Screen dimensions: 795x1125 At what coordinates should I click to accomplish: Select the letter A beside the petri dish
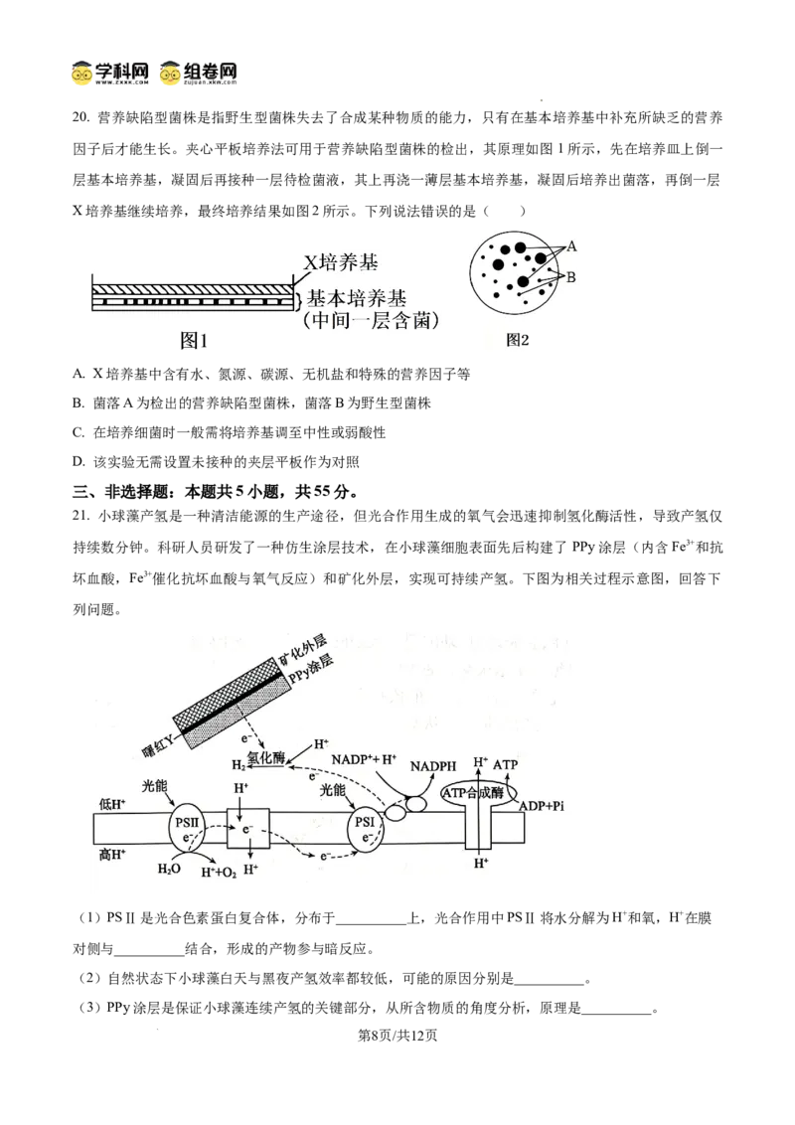tap(571, 245)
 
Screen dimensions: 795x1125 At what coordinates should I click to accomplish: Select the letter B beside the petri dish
tap(571, 277)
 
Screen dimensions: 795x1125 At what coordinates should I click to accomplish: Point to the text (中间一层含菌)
tap(371, 321)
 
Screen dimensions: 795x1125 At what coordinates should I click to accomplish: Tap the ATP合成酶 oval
tap(474, 792)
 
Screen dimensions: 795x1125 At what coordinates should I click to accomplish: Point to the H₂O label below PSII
tap(169, 869)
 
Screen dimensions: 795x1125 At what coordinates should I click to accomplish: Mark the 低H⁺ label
tap(112, 804)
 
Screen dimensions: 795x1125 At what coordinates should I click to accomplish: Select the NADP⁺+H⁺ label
tap(363, 757)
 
